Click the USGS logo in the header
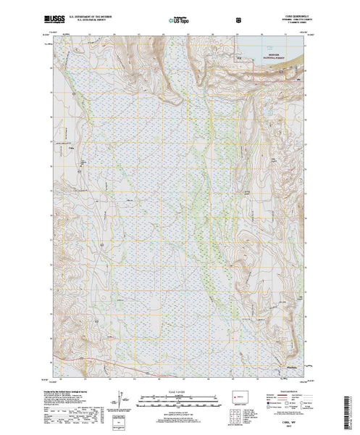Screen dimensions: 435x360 pos(56,15)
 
